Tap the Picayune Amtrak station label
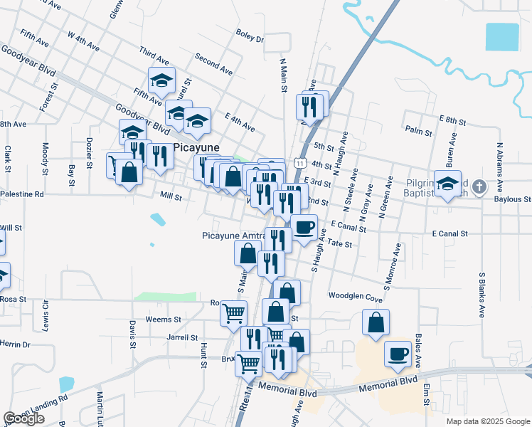click(x=233, y=236)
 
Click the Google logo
click(x=23, y=418)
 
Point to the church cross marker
click(x=479, y=187)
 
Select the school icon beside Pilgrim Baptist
click(x=447, y=184)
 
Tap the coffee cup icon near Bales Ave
click(x=398, y=354)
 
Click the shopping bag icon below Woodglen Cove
click(x=376, y=322)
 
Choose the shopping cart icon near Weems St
click(x=233, y=312)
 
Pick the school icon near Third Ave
click(x=162, y=80)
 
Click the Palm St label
click(x=418, y=131)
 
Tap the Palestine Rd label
click(x=22, y=194)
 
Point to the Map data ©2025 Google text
click(x=488, y=421)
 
